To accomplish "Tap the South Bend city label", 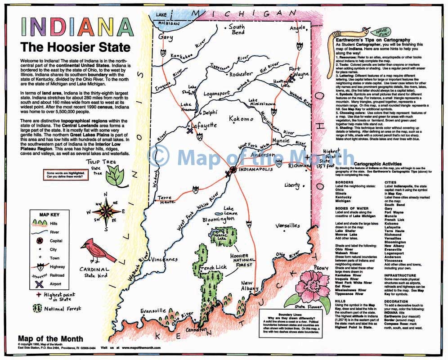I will (x=237, y=30).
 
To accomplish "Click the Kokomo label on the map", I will (x=241, y=119).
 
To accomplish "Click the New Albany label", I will (x=250, y=285).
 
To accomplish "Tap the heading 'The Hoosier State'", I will (x=75, y=47).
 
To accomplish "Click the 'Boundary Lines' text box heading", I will (x=291, y=315).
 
